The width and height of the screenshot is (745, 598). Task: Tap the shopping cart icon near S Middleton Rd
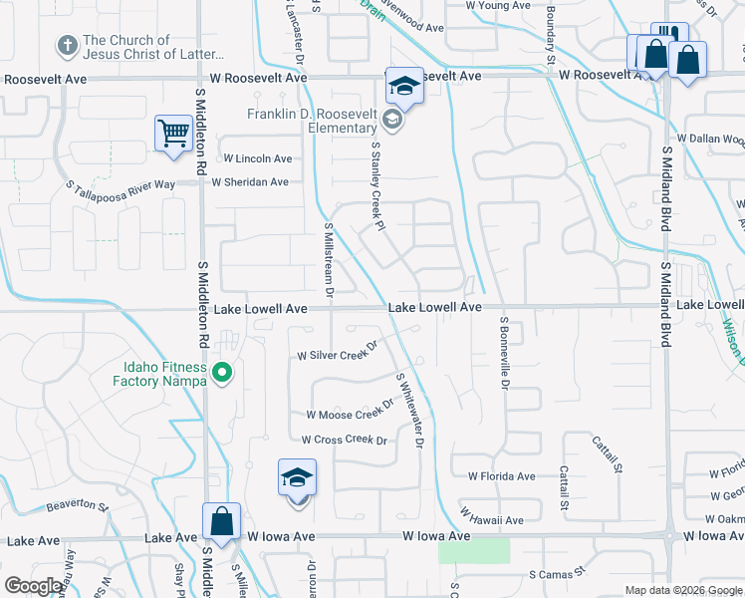click(173, 134)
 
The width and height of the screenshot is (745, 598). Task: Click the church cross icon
click(68, 46)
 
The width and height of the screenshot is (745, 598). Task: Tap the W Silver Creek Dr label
click(338, 355)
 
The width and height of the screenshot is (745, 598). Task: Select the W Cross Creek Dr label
click(344, 440)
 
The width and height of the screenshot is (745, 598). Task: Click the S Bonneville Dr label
click(505, 352)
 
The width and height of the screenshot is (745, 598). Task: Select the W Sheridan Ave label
click(249, 181)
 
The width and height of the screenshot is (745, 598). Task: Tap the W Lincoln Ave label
click(257, 158)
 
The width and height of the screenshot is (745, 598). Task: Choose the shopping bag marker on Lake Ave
click(221, 522)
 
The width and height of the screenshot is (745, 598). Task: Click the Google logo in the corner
click(33, 586)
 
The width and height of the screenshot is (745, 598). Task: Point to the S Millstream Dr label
click(328, 258)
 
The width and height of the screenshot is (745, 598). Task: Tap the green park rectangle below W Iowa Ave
click(473, 550)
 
